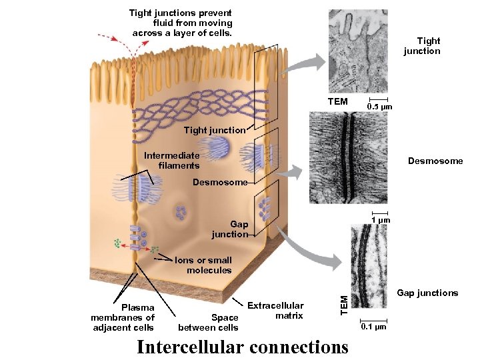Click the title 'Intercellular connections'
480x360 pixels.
coord(242,347)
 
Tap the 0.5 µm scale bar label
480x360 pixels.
coord(381,107)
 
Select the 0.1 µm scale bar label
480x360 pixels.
coord(372,327)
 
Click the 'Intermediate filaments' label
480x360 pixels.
coord(172,160)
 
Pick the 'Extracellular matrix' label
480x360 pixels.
coord(275,311)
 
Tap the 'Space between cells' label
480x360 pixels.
coord(208,323)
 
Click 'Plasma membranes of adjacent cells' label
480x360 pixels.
coord(123,317)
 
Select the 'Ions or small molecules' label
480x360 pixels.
coord(203,265)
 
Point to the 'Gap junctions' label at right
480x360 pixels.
coord(427,293)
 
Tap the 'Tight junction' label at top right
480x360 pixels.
coord(422,46)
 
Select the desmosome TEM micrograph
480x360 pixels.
coord(349,157)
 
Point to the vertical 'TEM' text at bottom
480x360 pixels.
coord(344,305)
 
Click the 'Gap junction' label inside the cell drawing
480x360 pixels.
coord(229,229)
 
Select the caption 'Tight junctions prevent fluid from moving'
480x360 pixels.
coord(181,23)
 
